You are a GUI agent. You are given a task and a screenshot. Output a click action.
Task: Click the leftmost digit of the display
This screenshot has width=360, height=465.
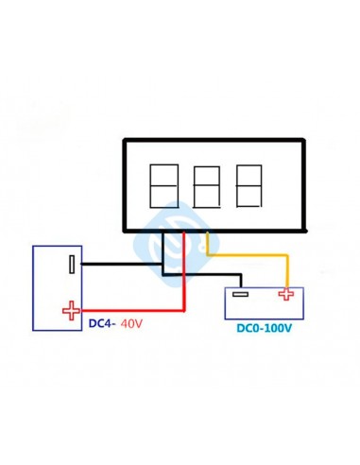(x=163, y=184)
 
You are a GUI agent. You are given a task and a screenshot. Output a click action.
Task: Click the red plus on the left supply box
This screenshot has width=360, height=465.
(x=70, y=310)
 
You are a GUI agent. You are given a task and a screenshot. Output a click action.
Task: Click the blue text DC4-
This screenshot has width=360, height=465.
(x=101, y=324)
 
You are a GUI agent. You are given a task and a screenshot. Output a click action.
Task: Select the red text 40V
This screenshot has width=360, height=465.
(x=133, y=324)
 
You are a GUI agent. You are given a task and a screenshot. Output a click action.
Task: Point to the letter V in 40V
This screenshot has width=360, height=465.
(x=141, y=324)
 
